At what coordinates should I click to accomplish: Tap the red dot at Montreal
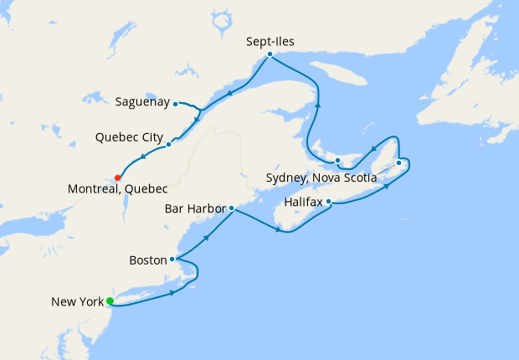[x=118, y=177]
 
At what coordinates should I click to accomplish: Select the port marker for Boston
[x=172, y=260]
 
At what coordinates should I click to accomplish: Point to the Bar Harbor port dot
[x=231, y=208]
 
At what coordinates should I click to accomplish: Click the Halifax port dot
[x=329, y=201]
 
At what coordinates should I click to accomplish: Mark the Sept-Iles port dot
[x=270, y=54]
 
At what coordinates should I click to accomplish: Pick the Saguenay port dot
[x=175, y=104]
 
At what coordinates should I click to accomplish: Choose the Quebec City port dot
[x=169, y=144]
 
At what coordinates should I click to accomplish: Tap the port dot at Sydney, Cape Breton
[x=398, y=162]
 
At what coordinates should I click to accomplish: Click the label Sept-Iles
[x=271, y=40]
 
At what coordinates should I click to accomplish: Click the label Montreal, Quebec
[x=118, y=190]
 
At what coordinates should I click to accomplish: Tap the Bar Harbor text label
[x=194, y=208]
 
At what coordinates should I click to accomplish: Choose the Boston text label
[x=148, y=260]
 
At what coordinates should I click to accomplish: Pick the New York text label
[x=77, y=301]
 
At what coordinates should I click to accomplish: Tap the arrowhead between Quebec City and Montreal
[x=143, y=157]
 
